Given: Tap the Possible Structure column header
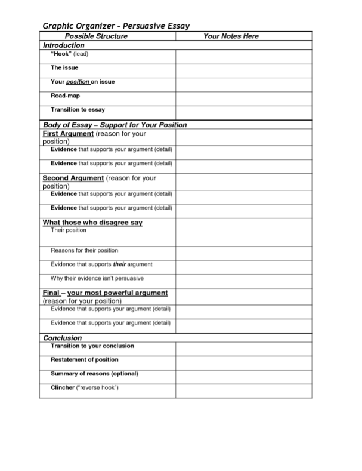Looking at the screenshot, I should point(95,36).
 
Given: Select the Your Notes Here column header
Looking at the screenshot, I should point(231,36).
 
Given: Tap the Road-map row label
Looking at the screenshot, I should point(65,96).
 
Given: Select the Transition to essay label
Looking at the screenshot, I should point(78,110).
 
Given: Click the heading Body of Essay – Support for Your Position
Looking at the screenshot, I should point(115,125).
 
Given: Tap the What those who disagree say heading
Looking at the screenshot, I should point(92,223).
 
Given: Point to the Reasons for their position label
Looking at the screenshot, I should point(84,250).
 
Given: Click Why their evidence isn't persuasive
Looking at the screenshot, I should point(97,278).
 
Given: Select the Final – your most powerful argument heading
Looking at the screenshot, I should point(105,293).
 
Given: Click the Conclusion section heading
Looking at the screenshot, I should point(63,338).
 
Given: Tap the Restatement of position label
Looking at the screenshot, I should point(84,360).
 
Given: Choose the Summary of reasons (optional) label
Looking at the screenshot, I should point(94,374).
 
